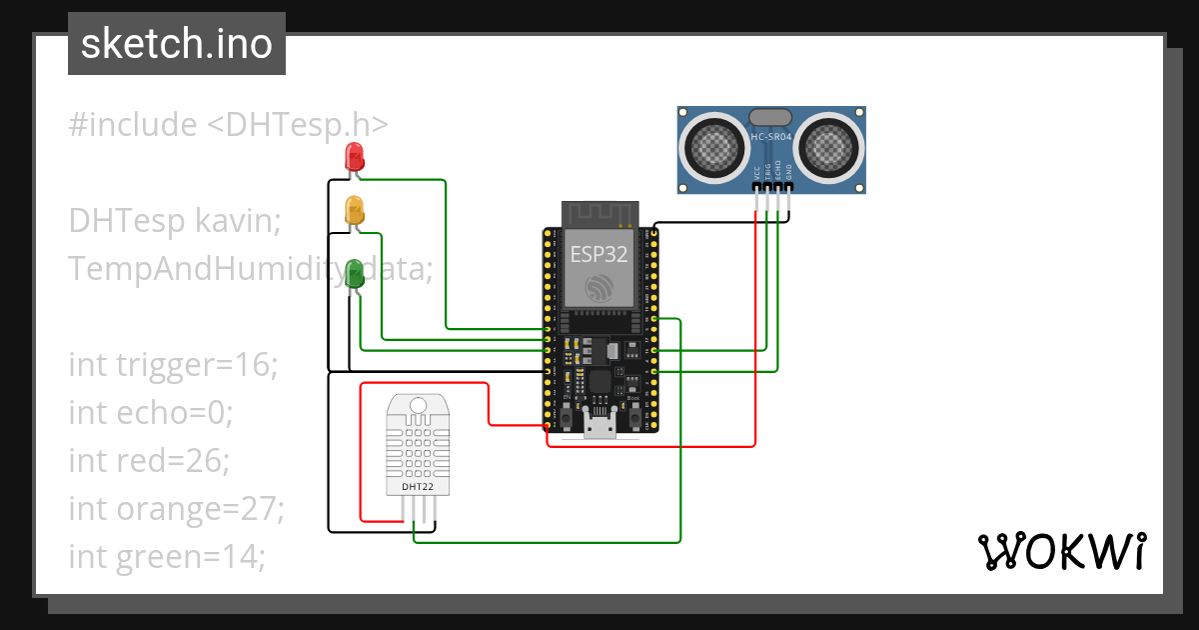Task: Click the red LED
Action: (x=354, y=156)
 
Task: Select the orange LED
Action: (x=355, y=211)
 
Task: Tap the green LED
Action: (x=355, y=273)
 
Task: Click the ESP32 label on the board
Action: (x=599, y=254)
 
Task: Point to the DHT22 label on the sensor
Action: (x=417, y=487)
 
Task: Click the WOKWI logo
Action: (x=1061, y=551)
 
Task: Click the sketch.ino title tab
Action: (x=177, y=44)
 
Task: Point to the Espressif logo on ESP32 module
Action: (x=599, y=287)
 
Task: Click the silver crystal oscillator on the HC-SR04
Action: (x=771, y=118)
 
